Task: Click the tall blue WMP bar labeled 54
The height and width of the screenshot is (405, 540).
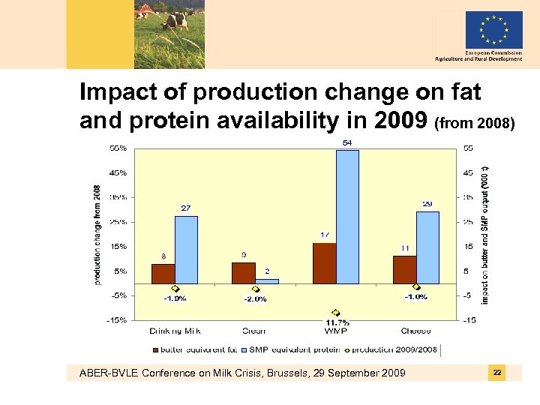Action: coord(348,217)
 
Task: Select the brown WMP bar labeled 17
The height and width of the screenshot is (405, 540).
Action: coord(324,263)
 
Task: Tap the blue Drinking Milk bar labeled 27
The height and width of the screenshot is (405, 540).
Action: coord(186,250)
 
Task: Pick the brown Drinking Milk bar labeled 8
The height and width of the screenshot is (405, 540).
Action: coord(163,274)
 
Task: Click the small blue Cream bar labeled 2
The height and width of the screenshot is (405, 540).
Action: coord(266,281)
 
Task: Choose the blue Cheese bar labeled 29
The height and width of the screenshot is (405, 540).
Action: coord(427,247)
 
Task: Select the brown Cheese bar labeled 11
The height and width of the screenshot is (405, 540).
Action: coord(403,270)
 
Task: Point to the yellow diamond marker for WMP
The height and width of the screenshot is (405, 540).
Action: coord(335,313)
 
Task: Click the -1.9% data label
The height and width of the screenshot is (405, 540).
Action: coord(175,298)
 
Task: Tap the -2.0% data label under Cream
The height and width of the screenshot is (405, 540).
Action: coord(255,298)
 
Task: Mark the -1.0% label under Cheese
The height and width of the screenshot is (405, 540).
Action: coord(415,297)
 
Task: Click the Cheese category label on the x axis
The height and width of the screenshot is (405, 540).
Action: coord(415,330)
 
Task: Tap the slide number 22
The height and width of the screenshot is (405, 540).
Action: coord(496,373)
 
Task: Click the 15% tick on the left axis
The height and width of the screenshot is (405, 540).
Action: coord(118,246)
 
